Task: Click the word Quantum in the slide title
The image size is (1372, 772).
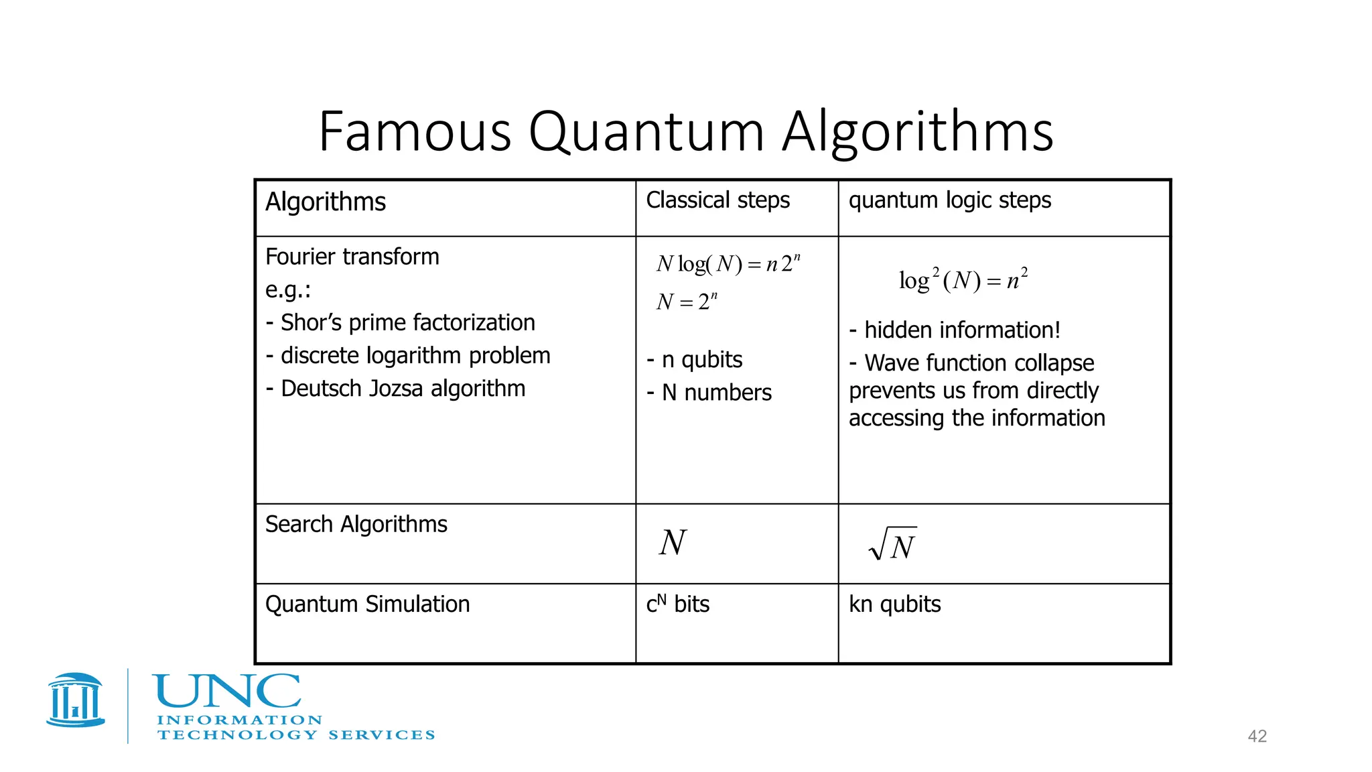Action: coord(646,132)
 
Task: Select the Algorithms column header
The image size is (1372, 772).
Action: coord(326,202)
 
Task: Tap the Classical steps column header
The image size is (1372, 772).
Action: coord(717,200)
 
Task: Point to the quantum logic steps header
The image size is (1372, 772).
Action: coord(949,200)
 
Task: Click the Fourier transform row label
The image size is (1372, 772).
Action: coord(352,257)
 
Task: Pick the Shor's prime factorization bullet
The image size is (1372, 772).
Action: coord(401,322)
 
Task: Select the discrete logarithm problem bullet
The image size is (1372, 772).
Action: coord(408,355)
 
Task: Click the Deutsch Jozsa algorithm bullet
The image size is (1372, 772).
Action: coord(395,388)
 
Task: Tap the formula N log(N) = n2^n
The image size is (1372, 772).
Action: coord(728,263)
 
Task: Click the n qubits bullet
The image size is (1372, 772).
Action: coord(695,360)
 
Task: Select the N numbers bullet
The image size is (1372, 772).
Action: coord(709,393)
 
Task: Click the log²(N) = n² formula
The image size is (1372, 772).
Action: coord(963,279)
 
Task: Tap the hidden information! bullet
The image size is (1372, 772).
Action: coord(955,330)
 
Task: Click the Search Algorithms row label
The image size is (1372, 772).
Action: coord(356,524)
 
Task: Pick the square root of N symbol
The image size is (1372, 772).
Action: coord(892,544)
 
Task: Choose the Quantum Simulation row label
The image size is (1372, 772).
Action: coord(367,604)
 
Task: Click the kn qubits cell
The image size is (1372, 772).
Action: coord(894,604)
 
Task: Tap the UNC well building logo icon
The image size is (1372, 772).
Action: coord(76,700)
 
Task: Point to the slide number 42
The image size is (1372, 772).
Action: coord(1257,736)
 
